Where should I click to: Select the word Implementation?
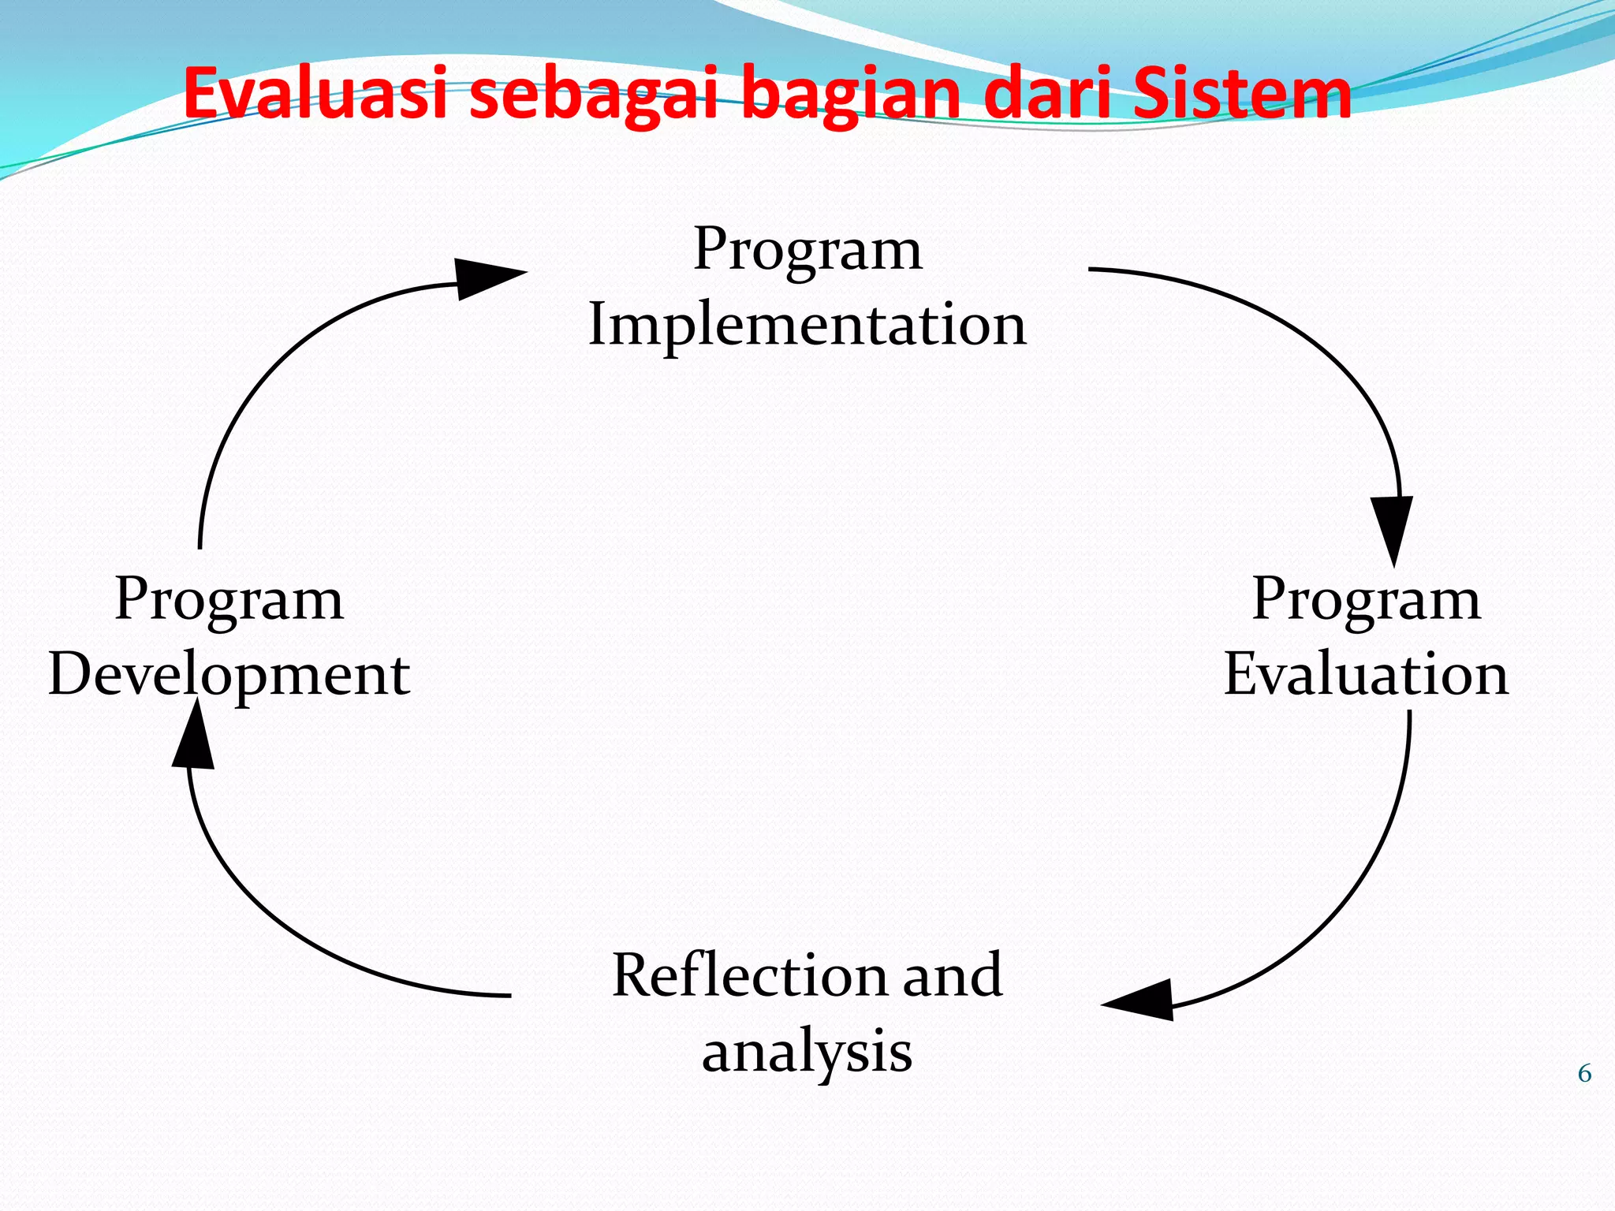click(x=807, y=325)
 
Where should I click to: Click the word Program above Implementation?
click(x=807, y=251)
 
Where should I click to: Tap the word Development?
click(x=229, y=676)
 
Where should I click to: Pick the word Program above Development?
click(x=229, y=601)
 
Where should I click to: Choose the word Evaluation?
click(x=1366, y=675)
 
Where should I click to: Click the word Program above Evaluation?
click(x=1366, y=601)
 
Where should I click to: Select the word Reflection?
click(x=751, y=976)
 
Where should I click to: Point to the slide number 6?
click(x=1584, y=1074)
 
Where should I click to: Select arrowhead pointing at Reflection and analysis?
click(x=1143, y=1001)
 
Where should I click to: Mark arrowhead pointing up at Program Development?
click(x=194, y=737)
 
